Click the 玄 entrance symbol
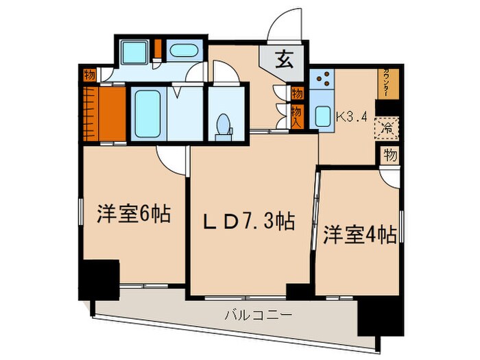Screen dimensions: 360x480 click(x=284, y=60)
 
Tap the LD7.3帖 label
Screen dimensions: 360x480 click(x=248, y=221)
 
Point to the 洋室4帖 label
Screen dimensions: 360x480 click(x=360, y=235)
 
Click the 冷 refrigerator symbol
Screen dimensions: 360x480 click(x=388, y=128)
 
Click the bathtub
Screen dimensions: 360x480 click(x=147, y=112)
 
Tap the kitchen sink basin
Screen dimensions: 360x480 click(x=322, y=117)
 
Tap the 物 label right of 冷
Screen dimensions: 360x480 click(x=390, y=156)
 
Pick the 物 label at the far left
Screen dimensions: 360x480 click(x=89, y=75)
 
